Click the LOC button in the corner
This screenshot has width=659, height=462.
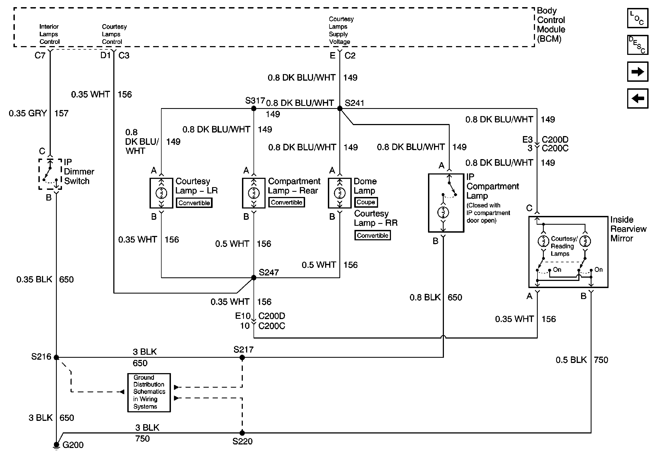638,18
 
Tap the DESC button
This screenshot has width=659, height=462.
638,45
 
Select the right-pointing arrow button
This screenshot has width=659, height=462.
638,71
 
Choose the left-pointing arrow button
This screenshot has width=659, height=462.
638,98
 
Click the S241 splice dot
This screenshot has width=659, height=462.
340,108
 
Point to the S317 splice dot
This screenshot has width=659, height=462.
254,108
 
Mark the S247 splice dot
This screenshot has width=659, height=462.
254,277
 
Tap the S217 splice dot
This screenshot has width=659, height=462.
242,357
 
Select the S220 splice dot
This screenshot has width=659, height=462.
242,433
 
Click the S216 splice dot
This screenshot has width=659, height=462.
57,357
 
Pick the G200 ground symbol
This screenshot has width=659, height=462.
57,445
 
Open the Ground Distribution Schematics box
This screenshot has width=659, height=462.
149,392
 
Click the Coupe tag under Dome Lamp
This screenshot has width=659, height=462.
366,202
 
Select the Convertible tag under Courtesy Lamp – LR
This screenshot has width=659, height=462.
194,203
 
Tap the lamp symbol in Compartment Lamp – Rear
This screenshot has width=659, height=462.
254,193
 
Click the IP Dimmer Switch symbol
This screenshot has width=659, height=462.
50,174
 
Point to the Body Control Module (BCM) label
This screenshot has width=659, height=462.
551,25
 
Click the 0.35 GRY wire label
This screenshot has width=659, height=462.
27,113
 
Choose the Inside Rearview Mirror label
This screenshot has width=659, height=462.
628,229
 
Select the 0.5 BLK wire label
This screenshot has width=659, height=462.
571,360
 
